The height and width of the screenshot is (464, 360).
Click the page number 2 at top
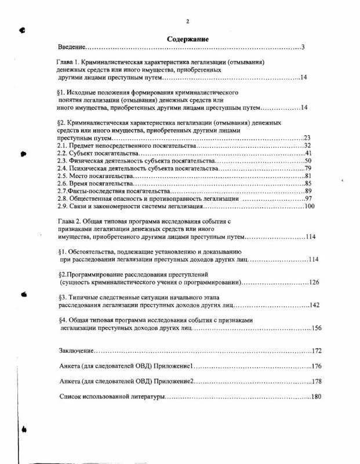click(187, 21)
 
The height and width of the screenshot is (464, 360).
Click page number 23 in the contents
click(308, 138)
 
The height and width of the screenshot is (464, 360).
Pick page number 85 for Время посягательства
click(308, 183)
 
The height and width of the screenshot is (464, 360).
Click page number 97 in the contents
click(308, 199)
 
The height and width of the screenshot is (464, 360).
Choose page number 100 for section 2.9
click(308, 206)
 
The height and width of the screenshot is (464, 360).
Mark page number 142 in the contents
click(314, 305)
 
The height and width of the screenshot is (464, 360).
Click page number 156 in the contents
click(314, 328)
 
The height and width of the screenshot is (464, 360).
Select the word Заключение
click(77, 351)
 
